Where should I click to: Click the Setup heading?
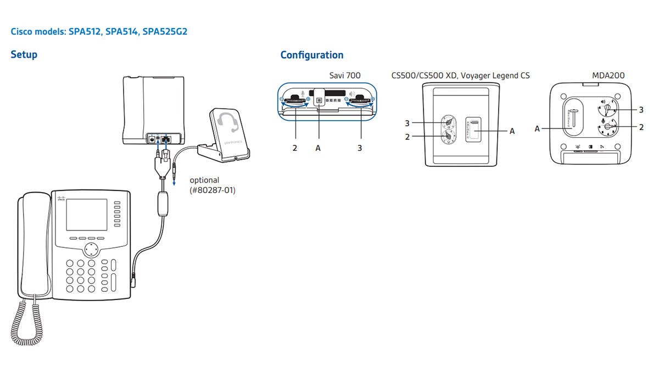[24, 55]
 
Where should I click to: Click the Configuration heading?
[311, 55]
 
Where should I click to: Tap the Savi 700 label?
[345, 76]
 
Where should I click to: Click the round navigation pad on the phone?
[93, 250]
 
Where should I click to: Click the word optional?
[204, 180]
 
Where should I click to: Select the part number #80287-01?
[213, 191]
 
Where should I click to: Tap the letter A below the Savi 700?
[318, 148]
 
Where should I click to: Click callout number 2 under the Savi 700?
[295, 148]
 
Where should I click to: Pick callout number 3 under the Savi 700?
[360, 148]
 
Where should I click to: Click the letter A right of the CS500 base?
[512, 131]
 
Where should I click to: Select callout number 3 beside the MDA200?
[641, 110]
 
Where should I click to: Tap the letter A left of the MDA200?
[537, 129]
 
